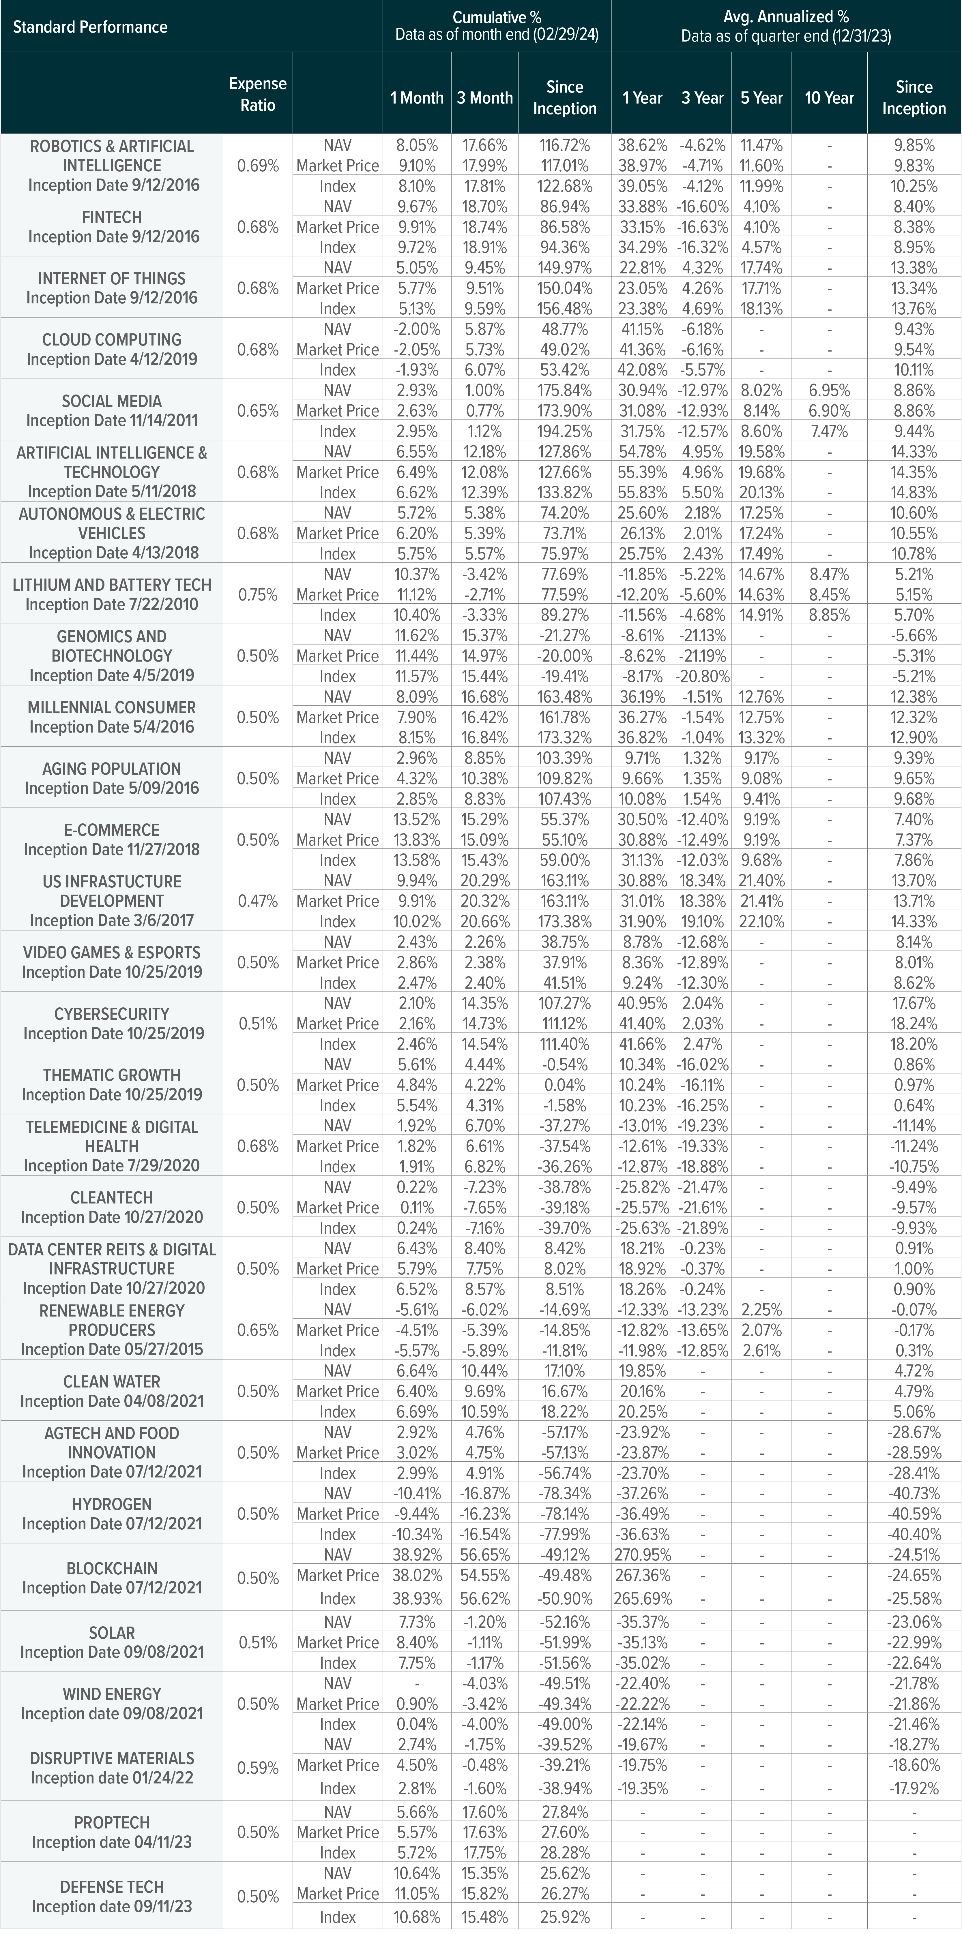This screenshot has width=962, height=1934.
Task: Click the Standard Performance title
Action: point(90,27)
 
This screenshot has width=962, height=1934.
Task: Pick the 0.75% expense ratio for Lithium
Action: point(258,595)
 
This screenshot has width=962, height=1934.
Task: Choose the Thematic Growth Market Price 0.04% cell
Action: point(565,1085)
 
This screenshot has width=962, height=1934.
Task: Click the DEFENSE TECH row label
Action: point(112,1887)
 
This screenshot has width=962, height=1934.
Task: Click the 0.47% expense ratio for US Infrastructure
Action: point(258,901)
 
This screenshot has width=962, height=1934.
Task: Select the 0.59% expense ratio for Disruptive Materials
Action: point(258,1768)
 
